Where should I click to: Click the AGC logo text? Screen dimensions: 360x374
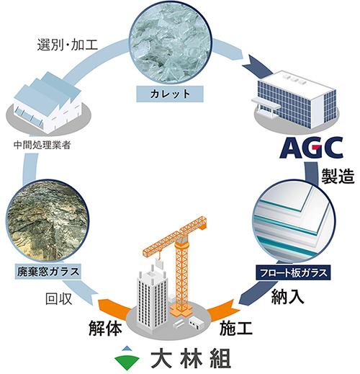click(x=312, y=148)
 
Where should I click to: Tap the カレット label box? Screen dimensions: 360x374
click(x=170, y=94)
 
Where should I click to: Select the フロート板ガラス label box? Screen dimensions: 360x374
click(x=293, y=272)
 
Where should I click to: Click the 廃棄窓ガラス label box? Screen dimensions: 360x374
click(x=48, y=272)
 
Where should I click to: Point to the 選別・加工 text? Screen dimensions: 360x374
click(x=68, y=45)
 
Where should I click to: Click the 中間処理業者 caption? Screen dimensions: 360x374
click(x=42, y=145)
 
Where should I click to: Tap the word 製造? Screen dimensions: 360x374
click(x=338, y=176)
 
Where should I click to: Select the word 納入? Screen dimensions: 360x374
click(x=287, y=297)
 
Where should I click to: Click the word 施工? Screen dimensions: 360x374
click(x=236, y=328)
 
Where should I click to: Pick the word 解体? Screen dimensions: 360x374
click(x=105, y=328)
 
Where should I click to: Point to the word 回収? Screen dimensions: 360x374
click(x=59, y=299)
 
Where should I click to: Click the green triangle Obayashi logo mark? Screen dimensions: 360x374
click(x=127, y=358)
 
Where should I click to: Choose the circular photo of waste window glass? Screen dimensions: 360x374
click(x=48, y=221)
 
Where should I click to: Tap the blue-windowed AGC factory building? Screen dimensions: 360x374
click(x=296, y=99)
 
